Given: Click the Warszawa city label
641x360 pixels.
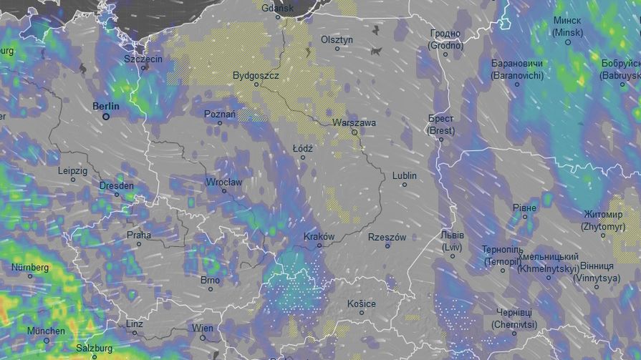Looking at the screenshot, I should click(x=354, y=122).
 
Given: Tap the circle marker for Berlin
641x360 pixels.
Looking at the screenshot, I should click(x=106, y=116).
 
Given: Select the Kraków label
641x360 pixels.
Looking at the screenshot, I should click(x=319, y=236).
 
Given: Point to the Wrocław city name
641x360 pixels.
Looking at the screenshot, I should click(x=224, y=182).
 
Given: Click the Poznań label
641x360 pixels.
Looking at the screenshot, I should click(x=220, y=114).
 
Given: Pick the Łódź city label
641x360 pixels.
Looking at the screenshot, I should click(x=303, y=148).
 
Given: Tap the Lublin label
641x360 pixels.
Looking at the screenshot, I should click(x=404, y=175).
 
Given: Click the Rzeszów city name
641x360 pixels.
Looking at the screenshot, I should click(x=387, y=237).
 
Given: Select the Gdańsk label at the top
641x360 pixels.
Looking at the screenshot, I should click(x=278, y=9).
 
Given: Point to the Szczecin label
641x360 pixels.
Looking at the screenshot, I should click(x=143, y=59).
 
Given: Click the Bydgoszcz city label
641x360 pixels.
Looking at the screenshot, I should click(x=256, y=75).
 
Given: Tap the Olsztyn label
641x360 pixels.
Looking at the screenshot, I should click(x=337, y=39).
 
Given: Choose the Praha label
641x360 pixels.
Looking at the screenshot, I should click(x=139, y=234).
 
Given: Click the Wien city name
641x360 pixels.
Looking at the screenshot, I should click(x=203, y=328).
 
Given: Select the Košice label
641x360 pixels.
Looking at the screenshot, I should click(x=361, y=303).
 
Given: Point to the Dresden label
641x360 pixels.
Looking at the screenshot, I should click(x=116, y=185).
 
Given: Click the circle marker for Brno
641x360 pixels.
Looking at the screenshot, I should click(x=211, y=289).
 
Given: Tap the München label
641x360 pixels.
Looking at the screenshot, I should click(x=46, y=331).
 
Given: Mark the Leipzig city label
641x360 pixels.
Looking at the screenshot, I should click(x=72, y=170).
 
